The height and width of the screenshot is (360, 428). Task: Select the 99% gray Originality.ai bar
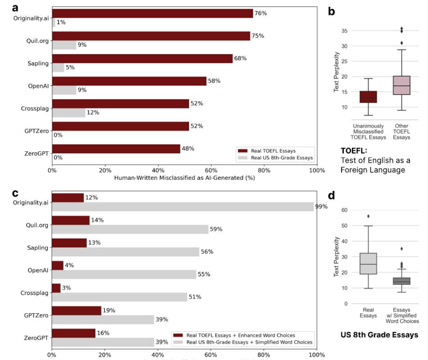[182, 207]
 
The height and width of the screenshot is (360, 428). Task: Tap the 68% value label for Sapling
[241, 58]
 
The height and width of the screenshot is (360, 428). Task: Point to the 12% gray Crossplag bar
[68, 112]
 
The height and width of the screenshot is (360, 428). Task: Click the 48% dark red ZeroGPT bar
[116, 148]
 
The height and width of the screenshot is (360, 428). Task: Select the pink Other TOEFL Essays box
[401, 85]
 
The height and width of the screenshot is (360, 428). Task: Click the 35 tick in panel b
[344, 31]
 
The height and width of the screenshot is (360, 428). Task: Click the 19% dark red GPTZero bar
[77, 310]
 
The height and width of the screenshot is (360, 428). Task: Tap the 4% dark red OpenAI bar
[58, 265]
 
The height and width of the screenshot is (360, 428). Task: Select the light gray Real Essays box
[368, 264]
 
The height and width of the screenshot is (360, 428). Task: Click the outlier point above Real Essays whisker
[368, 216]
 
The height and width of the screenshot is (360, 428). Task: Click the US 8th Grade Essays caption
[379, 335]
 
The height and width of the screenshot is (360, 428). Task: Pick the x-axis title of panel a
[185, 178]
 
